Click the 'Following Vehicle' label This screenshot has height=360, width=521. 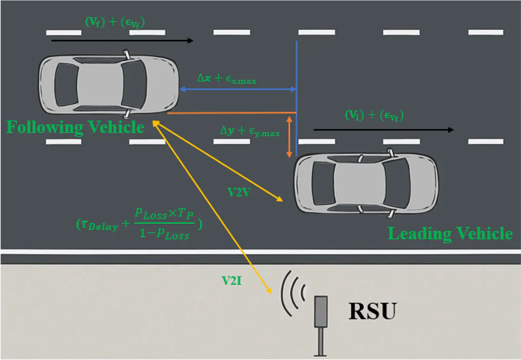click(75, 127)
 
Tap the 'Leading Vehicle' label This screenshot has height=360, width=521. click(450, 233)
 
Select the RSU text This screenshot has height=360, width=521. click(373, 311)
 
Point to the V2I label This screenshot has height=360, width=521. click(232, 281)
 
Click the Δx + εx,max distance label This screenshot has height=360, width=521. click(227, 79)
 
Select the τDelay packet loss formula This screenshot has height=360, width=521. click(139, 223)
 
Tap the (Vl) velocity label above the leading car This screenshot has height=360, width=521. click(374, 116)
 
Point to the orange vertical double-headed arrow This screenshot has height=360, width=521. click(290, 136)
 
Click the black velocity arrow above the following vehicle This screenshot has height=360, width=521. click(122, 40)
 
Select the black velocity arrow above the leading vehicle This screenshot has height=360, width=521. click(384, 130)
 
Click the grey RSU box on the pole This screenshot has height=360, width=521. click(321, 311)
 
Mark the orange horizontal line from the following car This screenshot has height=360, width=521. click(231, 113)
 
